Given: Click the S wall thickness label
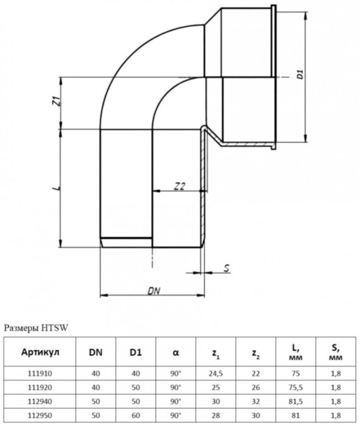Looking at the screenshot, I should tap(226, 268).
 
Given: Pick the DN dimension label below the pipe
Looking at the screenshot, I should tap(154, 292).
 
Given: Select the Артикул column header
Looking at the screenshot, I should tap(40, 352).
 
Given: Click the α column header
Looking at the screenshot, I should tap(176, 352).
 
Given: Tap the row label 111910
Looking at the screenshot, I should tap(40, 371).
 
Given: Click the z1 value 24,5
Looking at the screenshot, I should tap(216, 371).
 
